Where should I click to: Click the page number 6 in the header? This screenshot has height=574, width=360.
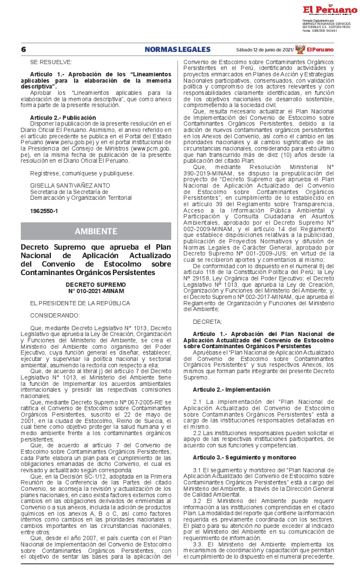[23, 49]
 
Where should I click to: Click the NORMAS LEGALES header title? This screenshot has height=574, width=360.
[177, 49]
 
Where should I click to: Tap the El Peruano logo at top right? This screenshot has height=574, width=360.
[330, 10]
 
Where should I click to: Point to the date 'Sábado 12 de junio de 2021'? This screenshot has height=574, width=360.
[265, 49]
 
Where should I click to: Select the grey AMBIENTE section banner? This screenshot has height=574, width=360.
[96, 231]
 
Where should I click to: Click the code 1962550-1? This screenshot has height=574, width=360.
[44, 211]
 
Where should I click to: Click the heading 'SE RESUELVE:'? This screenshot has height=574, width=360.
[46, 62]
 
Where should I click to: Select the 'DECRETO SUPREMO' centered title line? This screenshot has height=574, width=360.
[96, 285]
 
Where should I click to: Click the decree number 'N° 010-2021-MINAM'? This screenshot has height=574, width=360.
[96, 290]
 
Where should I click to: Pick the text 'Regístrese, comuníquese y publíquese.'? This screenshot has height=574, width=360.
[82, 173]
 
